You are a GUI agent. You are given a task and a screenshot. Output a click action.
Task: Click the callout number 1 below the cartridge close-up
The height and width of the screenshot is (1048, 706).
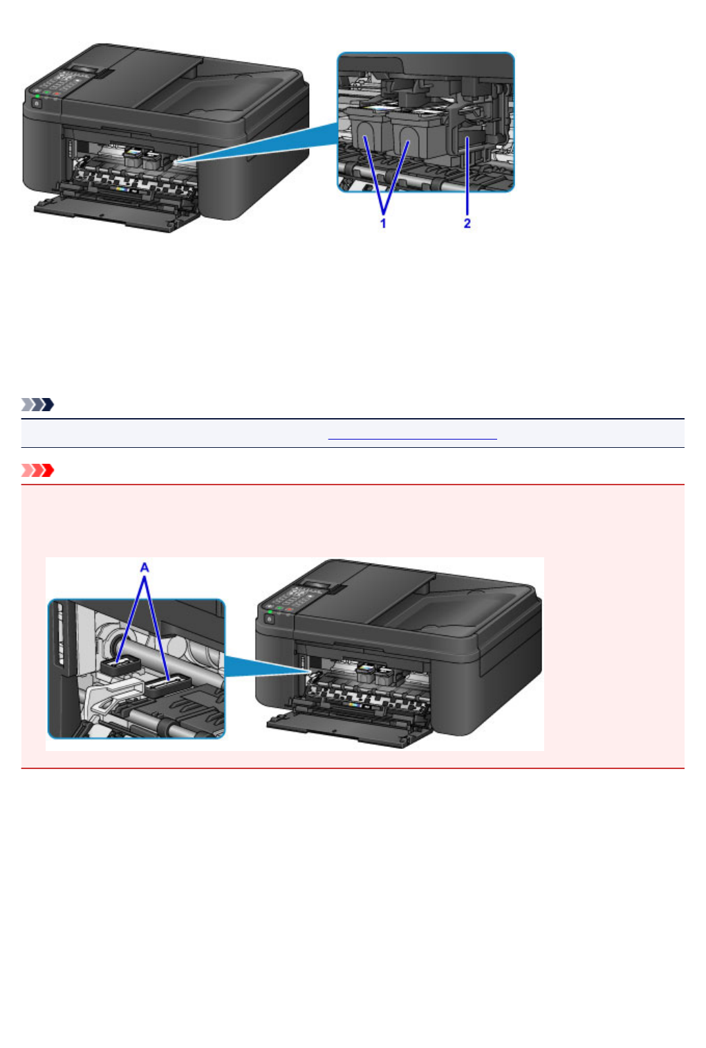tap(383, 223)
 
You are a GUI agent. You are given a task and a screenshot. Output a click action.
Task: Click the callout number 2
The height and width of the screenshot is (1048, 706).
tap(467, 223)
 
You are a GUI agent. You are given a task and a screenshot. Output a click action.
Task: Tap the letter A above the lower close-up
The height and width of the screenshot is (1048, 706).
tap(145, 567)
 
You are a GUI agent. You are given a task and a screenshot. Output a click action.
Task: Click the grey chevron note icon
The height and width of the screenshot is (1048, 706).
tap(37, 404)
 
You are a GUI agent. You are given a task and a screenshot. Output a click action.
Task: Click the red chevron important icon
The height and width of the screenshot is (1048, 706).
tap(37, 471)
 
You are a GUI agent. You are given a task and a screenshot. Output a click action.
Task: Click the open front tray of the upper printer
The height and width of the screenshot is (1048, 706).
tap(111, 214)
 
